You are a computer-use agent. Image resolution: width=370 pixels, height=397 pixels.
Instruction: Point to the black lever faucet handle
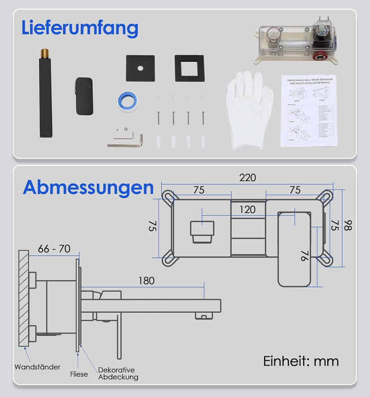pos(83,95)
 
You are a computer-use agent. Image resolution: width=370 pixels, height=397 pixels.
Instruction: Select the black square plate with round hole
pos(140,68)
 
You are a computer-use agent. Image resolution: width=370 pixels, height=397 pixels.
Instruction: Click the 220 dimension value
pos(247,178)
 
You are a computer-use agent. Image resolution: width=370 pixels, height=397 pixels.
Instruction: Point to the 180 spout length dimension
pos(146,281)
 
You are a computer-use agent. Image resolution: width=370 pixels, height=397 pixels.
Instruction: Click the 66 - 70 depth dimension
pos(54,249)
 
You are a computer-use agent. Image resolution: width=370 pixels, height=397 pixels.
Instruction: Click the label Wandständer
pos(38,367)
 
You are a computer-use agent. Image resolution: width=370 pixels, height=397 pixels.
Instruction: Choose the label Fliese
pos(79,374)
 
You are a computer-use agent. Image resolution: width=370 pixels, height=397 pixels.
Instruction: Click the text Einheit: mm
pos(301,361)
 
